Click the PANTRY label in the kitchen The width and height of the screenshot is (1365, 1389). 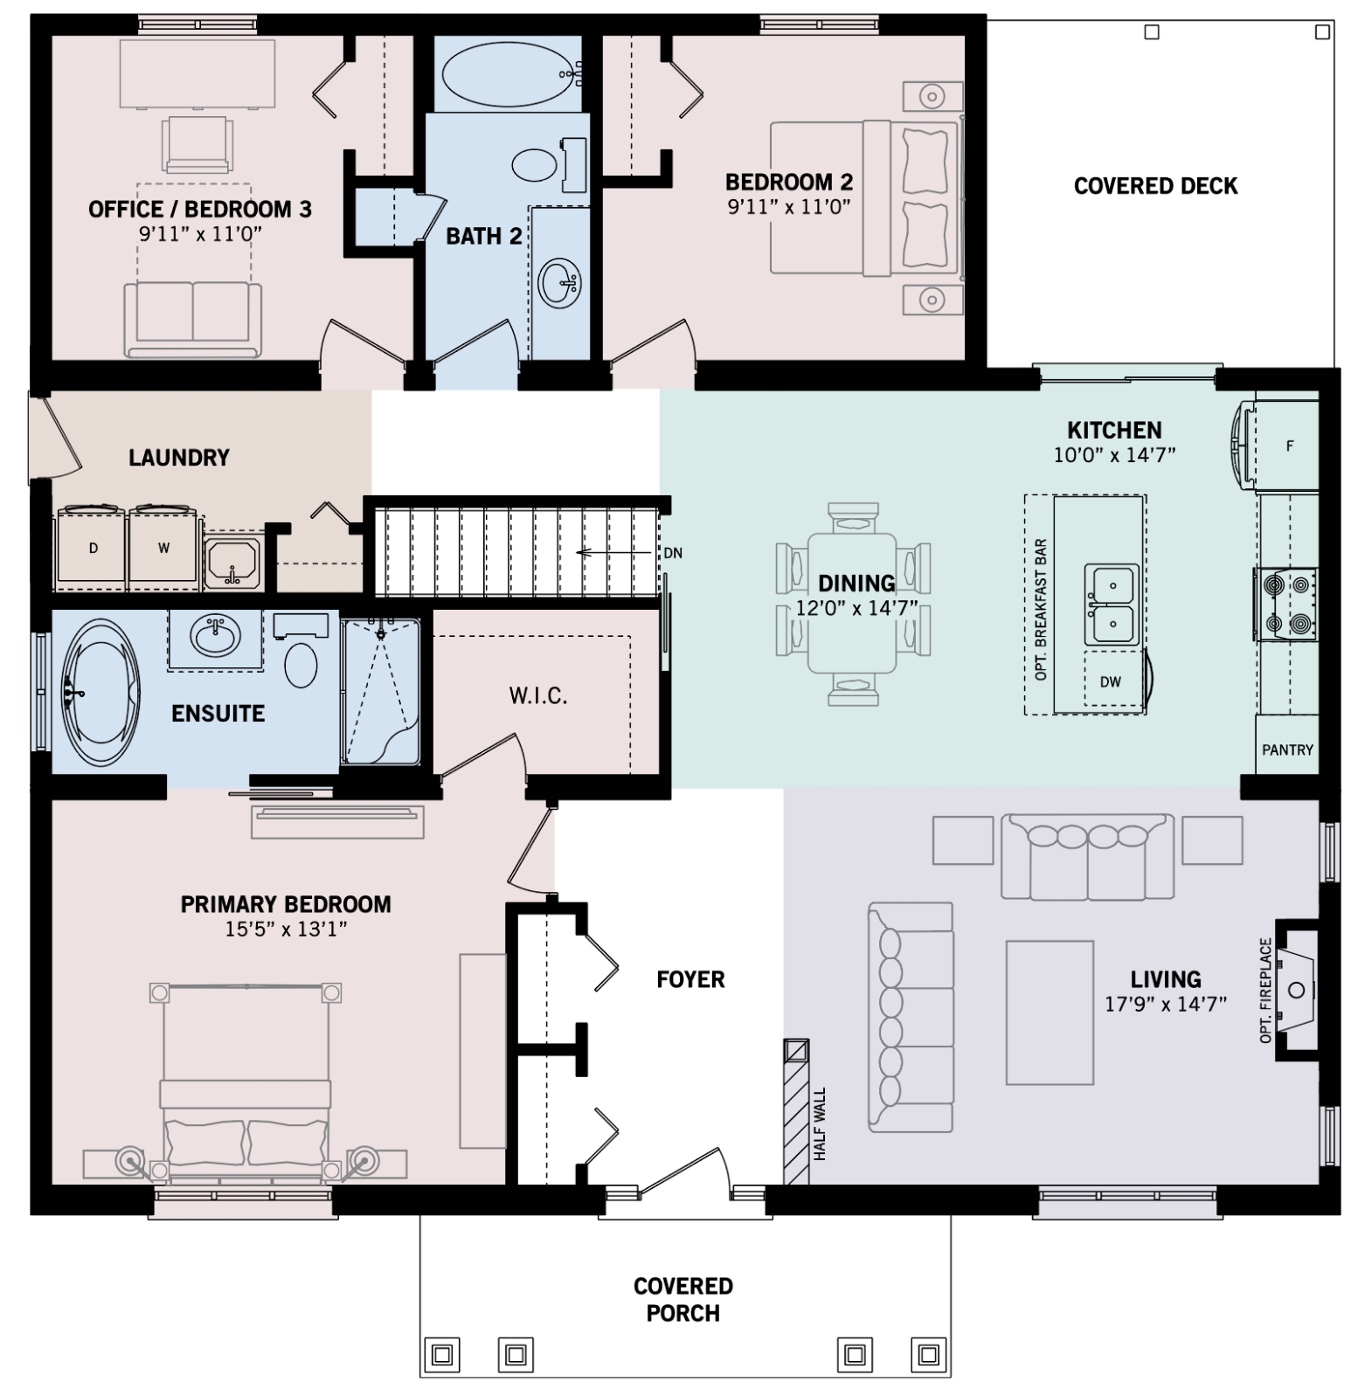(x=1287, y=750)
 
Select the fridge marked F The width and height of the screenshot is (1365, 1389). (x=1287, y=446)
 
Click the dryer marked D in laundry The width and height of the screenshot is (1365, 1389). (x=93, y=549)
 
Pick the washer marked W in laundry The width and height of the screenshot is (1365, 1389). (x=164, y=549)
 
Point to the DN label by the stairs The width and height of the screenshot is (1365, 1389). (x=673, y=553)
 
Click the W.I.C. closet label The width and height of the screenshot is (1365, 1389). (x=538, y=695)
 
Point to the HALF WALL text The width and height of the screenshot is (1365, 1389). (x=820, y=1123)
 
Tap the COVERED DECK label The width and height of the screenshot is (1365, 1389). (x=1155, y=186)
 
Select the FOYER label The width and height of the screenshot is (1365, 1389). (x=690, y=979)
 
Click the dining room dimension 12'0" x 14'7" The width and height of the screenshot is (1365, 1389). (x=856, y=608)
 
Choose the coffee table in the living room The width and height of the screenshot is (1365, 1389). (x=1050, y=1012)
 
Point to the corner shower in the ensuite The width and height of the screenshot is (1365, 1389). (x=381, y=692)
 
